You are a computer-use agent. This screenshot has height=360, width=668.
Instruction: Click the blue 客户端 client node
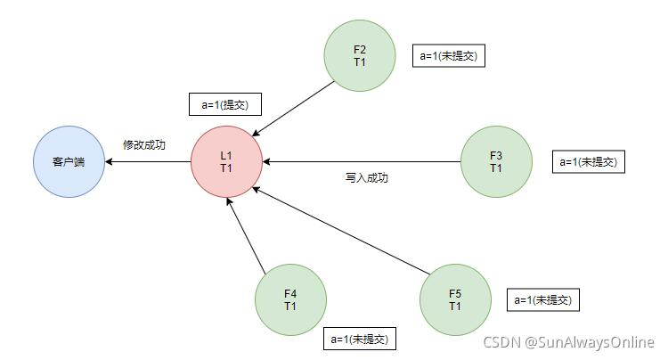tap(69, 162)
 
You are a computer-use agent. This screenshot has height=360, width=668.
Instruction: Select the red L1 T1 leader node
tap(226, 162)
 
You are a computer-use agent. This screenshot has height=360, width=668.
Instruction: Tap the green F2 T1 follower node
tap(360, 55)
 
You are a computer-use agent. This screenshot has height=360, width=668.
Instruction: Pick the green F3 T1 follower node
tap(496, 161)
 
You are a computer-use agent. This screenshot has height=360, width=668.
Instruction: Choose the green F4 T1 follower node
tap(290, 299)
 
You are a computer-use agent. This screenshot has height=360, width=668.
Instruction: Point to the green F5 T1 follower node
tap(455, 299)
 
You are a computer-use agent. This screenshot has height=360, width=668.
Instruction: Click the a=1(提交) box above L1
tap(224, 104)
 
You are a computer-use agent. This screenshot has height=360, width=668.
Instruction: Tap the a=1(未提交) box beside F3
tap(589, 161)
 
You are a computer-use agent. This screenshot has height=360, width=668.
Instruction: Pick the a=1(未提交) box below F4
tap(359, 339)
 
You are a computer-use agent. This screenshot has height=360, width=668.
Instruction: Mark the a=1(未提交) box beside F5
tap(542, 299)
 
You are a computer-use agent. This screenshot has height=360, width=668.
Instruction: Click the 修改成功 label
tap(144, 144)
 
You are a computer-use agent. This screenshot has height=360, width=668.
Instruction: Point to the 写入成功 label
tap(366, 178)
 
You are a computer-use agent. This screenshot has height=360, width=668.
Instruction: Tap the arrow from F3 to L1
tap(361, 162)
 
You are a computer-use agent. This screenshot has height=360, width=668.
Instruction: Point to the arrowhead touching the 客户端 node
tap(109, 162)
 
